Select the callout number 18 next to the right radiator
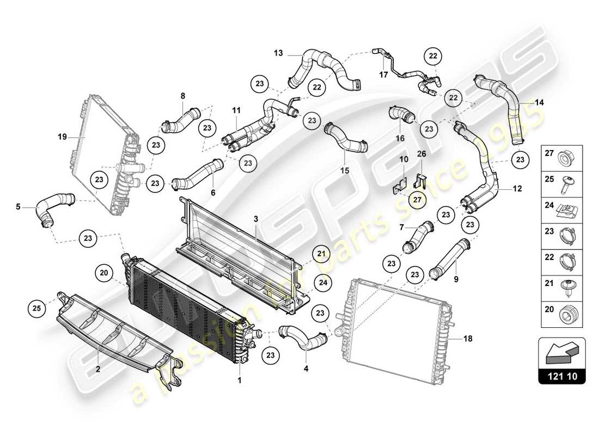[468, 338]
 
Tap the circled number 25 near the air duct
[36, 309]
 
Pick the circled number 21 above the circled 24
[321, 253]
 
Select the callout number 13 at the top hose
[278, 53]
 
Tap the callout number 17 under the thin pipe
[383, 75]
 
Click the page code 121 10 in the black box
[562, 375]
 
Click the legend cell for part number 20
[561, 315]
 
